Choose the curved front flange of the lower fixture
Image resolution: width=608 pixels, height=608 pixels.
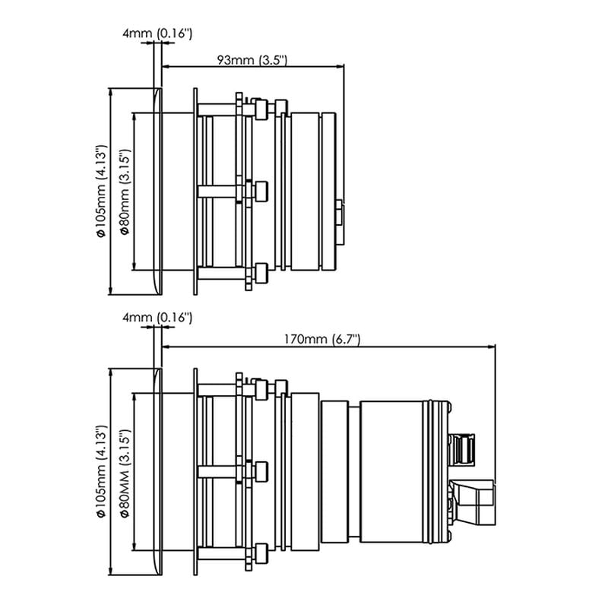click(158, 472)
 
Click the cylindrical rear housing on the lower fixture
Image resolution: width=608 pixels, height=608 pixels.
click(403, 472)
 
